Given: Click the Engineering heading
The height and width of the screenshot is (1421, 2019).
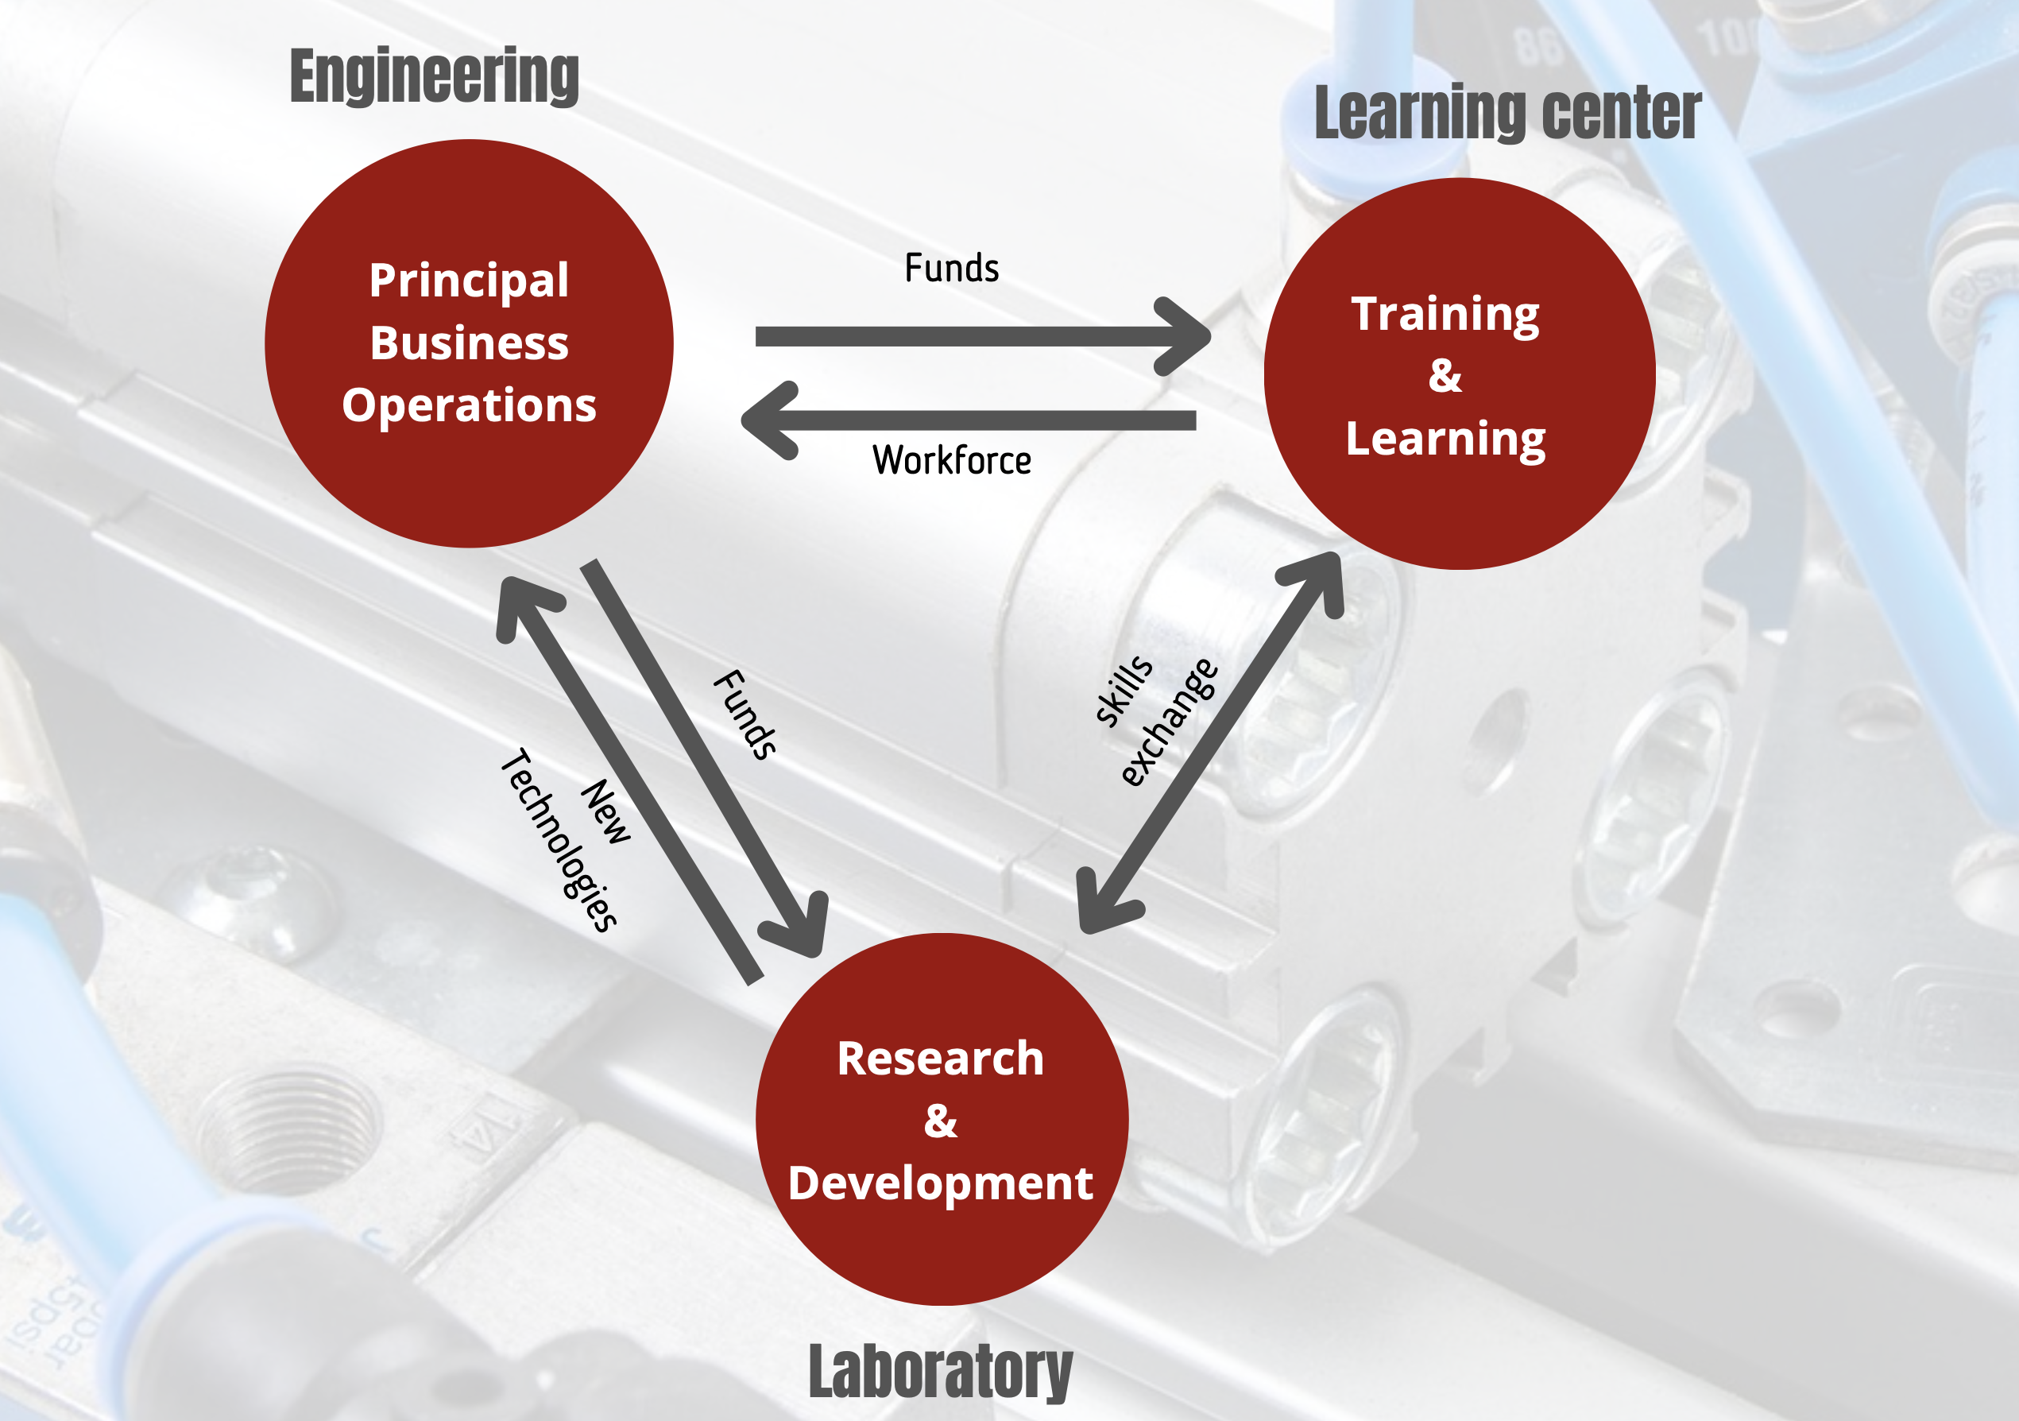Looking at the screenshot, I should pyautogui.click(x=434, y=76).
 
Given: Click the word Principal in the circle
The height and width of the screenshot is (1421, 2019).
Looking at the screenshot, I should pyautogui.click(x=469, y=281).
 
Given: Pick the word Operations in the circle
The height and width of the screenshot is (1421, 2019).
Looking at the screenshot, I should pyautogui.click(x=469, y=405).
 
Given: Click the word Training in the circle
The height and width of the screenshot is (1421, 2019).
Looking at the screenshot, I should pyautogui.click(x=1445, y=314).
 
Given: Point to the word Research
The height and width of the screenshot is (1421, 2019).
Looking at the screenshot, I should pyautogui.click(x=940, y=1058).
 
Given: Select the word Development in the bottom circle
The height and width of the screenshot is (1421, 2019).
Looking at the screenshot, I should pyautogui.click(x=940, y=1183).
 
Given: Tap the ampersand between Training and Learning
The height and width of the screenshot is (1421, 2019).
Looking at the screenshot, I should pyautogui.click(x=1445, y=375).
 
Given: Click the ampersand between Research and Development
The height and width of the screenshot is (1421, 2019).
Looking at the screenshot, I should pyautogui.click(x=940, y=1121).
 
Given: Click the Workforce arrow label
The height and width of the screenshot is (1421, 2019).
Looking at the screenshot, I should pyautogui.click(x=951, y=461).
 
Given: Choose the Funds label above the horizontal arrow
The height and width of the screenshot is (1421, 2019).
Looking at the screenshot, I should pyautogui.click(x=951, y=268).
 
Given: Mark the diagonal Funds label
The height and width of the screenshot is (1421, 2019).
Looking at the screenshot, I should pyautogui.click(x=745, y=714).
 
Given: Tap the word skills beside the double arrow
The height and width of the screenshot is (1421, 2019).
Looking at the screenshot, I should pyautogui.click(x=1123, y=691).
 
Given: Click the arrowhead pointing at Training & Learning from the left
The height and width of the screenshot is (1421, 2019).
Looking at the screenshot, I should pyautogui.click(x=1187, y=336).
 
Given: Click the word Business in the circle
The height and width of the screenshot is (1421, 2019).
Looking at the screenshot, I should pyautogui.click(x=469, y=343).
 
